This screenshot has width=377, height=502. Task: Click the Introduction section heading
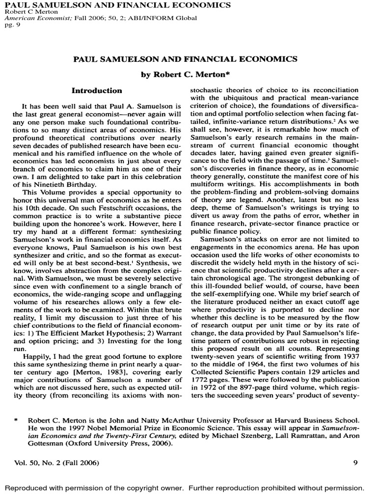pos(97,91)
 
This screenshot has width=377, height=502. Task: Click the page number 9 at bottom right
pos(355,462)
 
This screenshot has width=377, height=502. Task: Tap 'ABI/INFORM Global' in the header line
pos(166,18)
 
